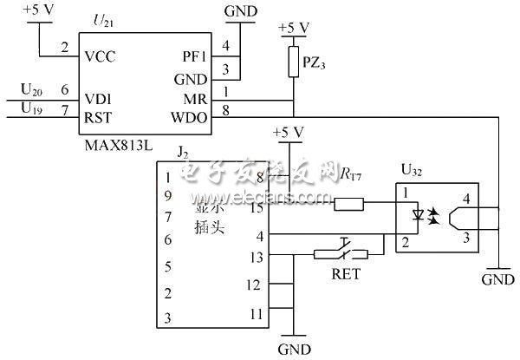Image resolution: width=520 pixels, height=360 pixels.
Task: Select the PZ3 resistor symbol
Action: (x=295, y=62)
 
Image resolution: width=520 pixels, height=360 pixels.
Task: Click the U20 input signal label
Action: (x=31, y=89)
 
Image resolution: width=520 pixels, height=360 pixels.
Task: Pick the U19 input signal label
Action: (x=31, y=109)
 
